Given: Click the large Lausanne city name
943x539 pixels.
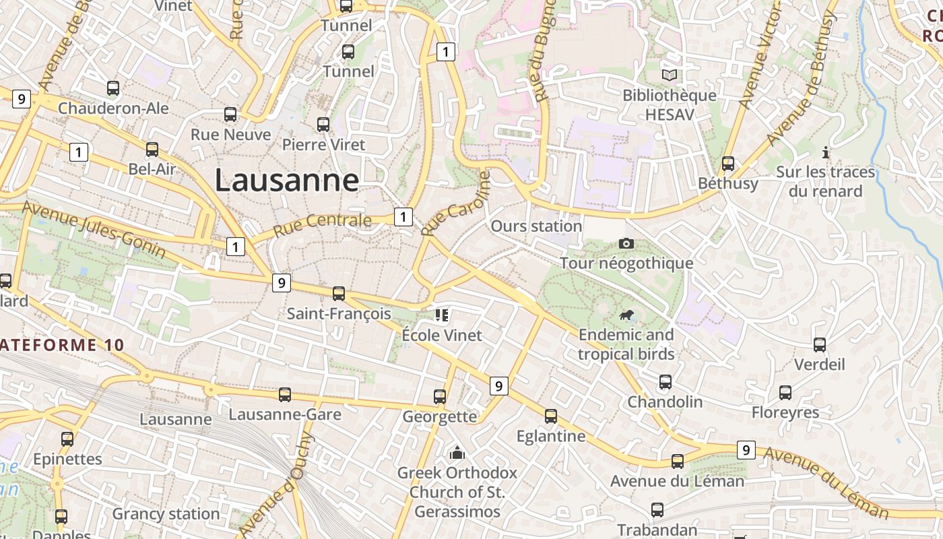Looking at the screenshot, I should pyautogui.click(x=286, y=181).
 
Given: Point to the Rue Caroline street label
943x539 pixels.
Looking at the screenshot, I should pyautogui.click(x=455, y=202).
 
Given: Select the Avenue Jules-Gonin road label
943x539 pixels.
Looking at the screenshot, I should pyautogui.click(x=94, y=229).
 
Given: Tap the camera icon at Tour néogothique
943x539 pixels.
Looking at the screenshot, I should pyautogui.click(x=626, y=243).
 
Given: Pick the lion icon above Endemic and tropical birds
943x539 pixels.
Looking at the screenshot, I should pyautogui.click(x=626, y=315).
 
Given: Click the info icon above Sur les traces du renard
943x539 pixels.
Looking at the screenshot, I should pyautogui.click(x=826, y=152).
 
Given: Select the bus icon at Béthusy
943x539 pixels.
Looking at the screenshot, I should pyautogui.click(x=728, y=163).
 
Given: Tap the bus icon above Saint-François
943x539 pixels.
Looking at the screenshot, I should pyautogui.click(x=339, y=294).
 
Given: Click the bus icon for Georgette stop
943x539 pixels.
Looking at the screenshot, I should pyautogui.click(x=440, y=397).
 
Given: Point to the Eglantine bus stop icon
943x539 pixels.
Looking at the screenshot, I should pyautogui.click(x=551, y=416).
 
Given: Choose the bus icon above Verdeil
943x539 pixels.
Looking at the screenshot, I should pyautogui.click(x=820, y=345).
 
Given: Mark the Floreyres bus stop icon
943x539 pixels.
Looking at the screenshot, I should pyautogui.click(x=785, y=393).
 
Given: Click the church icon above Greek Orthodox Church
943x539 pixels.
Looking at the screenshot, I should pyautogui.click(x=457, y=452).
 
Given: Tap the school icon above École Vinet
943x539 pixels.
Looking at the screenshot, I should pyautogui.click(x=442, y=315).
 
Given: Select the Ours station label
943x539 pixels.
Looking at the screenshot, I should pyautogui.click(x=536, y=226).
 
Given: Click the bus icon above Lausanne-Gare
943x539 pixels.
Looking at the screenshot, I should pyautogui.click(x=285, y=395).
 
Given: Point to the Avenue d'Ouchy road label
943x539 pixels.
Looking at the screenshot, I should pyautogui.click(x=275, y=484).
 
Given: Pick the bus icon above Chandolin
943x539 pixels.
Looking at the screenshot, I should pyautogui.click(x=665, y=382).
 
